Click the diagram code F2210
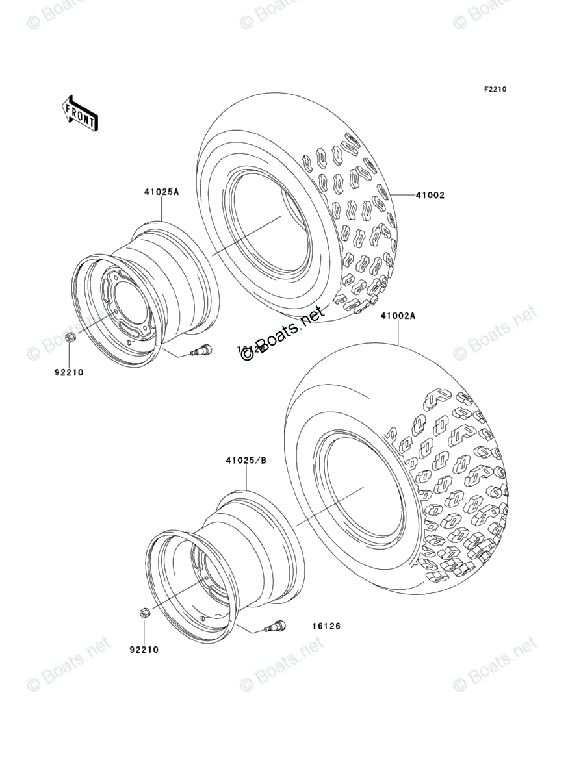click(493, 90)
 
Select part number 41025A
click(161, 192)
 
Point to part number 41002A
click(398, 316)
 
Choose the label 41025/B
click(246, 461)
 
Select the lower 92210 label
click(144, 649)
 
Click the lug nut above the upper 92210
click(70, 338)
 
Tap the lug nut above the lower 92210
click(144, 612)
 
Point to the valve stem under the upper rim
click(201, 351)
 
